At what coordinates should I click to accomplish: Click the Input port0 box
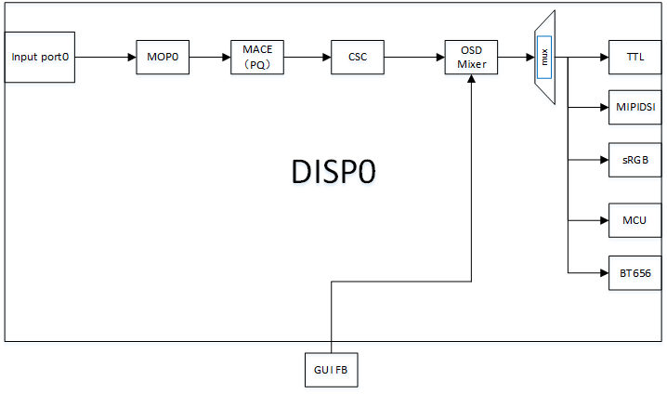click(x=40, y=57)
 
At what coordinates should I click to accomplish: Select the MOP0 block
click(x=162, y=57)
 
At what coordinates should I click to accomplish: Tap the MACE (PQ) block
click(x=257, y=57)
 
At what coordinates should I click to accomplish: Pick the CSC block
click(x=357, y=57)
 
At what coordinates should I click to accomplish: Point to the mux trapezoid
click(x=544, y=57)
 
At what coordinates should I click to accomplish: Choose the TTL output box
click(x=635, y=57)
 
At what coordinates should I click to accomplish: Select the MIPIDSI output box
click(x=635, y=107)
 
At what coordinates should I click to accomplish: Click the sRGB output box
click(x=635, y=160)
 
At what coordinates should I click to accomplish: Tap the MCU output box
click(x=635, y=220)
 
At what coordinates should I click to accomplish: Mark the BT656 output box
click(x=635, y=272)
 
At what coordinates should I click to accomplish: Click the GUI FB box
click(x=331, y=370)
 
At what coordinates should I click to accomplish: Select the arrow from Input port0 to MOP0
click(x=105, y=57)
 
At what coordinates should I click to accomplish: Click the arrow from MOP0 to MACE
click(x=209, y=57)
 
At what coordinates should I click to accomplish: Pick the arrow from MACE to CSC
click(x=307, y=57)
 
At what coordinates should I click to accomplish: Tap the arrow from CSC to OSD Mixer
click(x=413, y=57)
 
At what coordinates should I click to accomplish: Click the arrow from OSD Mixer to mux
click(x=517, y=57)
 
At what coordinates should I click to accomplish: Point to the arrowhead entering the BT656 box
click(x=603, y=272)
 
